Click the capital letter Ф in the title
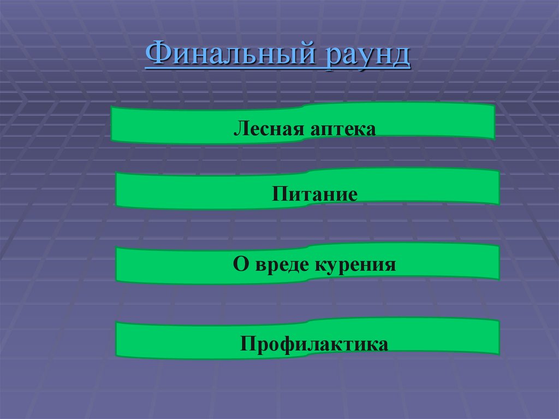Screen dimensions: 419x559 (x=157, y=56)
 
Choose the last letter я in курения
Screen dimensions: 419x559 (x=389, y=265)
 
